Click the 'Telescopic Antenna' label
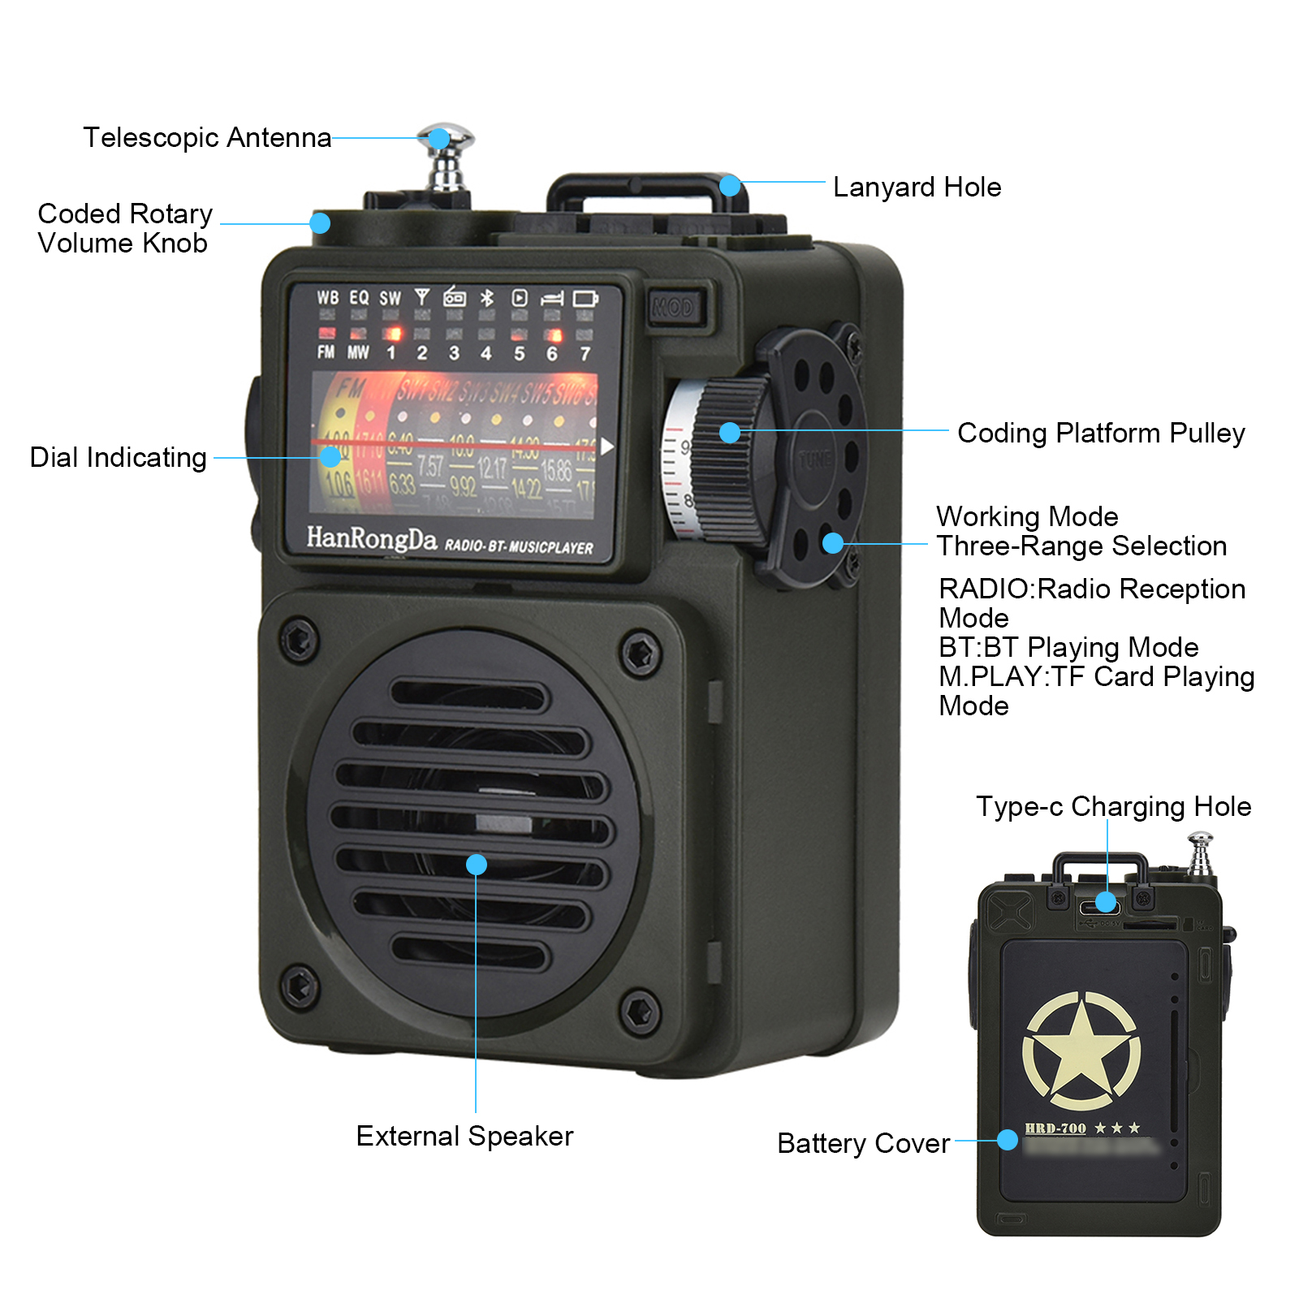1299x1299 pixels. [x=207, y=138]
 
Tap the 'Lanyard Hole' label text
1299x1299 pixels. [x=917, y=188]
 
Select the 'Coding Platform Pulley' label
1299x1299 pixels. [x=1100, y=434]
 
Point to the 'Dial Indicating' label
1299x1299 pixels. [x=119, y=458]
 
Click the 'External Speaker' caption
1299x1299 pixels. [x=464, y=1136]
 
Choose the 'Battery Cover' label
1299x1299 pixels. [x=863, y=1143]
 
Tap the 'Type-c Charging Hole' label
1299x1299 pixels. [x=1113, y=806]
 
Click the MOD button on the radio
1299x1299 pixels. [x=673, y=308]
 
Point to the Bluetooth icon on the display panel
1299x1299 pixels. [x=486, y=298]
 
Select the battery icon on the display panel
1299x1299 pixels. [x=585, y=299]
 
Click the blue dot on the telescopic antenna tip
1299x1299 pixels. [x=439, y=139]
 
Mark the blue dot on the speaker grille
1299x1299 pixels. [x=477, y=865]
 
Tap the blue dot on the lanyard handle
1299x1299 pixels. [x=730, y=186]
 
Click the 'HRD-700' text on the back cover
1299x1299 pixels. [x=1055, y=1129]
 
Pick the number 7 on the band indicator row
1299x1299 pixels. [x=585, y=353]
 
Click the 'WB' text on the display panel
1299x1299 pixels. [x=328, y=298]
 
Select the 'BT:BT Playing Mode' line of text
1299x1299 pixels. [x=1068, y=647]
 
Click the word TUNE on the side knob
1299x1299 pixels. [x=814, y=460]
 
